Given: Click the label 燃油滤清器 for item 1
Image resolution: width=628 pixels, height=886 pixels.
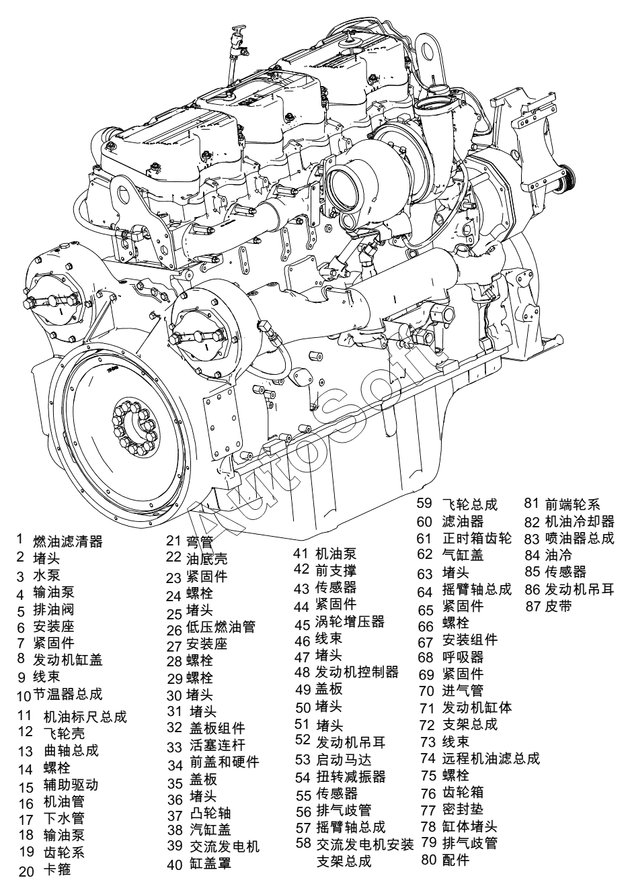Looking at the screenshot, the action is pyautogui.click(x=68, y=541).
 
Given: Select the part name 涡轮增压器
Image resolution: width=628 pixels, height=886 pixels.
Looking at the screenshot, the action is pyautogui.click(x=350, y=621).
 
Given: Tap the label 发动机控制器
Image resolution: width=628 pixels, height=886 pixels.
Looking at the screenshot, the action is pyautogui.click(x=357, y=672).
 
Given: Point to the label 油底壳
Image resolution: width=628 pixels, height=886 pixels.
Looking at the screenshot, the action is pyautogui.click(x=206, y=558).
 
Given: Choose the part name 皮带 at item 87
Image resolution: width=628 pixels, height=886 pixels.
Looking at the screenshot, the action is pyautogui.click(x=558, y=606).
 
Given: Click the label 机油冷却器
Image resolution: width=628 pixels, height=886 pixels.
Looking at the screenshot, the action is pyautogui.click(x=580, y=521).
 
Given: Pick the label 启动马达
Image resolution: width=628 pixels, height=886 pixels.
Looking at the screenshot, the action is pyautogui.click(x=344, y=760).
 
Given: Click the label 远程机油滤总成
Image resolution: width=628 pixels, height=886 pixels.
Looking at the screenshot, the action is pyautogui.click(x=491, y=758).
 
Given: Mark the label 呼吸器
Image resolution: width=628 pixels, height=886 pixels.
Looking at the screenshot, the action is pyautogui.click(x=463, y=657).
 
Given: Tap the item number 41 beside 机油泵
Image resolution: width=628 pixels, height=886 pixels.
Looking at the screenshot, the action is pyautogui.click(x=301, y=553).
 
